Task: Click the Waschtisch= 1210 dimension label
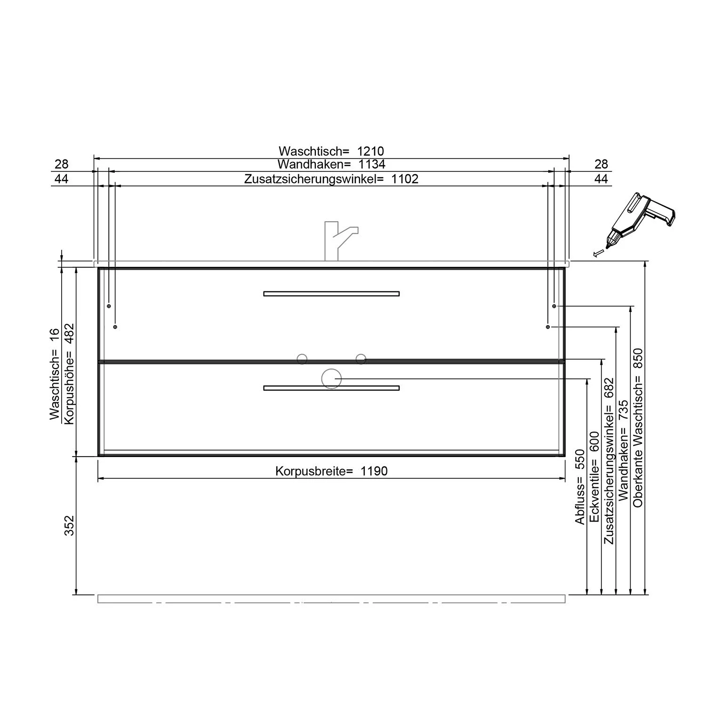tap(331, 151)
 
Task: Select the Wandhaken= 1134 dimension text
tap(331, 164)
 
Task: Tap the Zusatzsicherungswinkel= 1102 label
tap(331, 179)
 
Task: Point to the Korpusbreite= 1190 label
tap(331, 471)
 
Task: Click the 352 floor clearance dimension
tap(70, 525)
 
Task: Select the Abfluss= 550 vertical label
tap(580, 487)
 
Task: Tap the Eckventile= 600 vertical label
tap(594, 477)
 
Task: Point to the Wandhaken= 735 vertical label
tap(624, 450)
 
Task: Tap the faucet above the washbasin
tap(338, 239)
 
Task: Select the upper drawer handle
tap(331, 294)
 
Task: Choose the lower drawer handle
tap(331, 388)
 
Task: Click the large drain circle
tap(331, 378)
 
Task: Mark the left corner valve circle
tap(302, 359)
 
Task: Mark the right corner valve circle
tap(361, 359)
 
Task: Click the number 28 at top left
tap(62, 164)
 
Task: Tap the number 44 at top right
tap(601, 179)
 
